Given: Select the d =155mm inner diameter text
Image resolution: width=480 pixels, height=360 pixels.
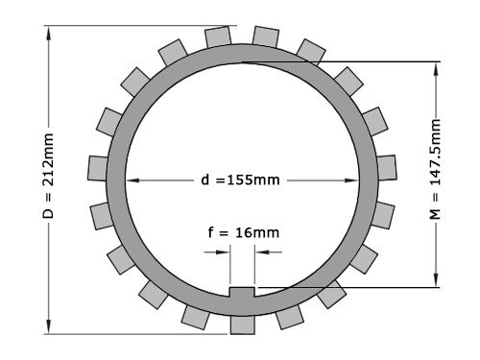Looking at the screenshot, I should [x=241, y=180].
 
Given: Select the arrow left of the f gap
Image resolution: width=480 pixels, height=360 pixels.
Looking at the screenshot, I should [x=222, y=253].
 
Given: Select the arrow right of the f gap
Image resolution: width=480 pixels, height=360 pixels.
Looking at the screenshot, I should [x=262, y=253].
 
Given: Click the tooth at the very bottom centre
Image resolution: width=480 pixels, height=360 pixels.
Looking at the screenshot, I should [x=242, y=324].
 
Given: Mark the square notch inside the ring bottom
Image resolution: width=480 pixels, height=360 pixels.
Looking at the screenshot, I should [x=242, y=292].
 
